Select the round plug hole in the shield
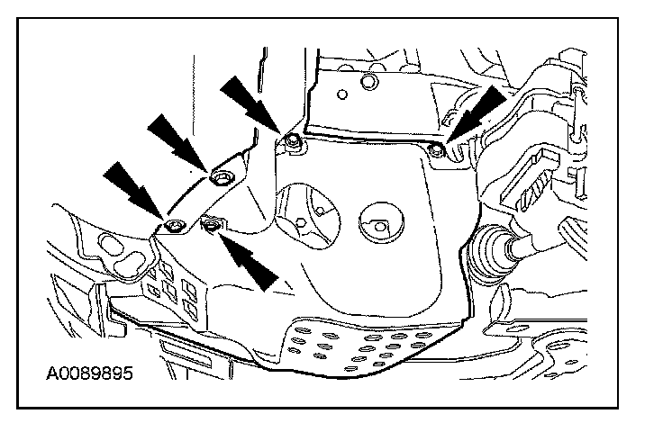pyautogui.click(x=376, y=220)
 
